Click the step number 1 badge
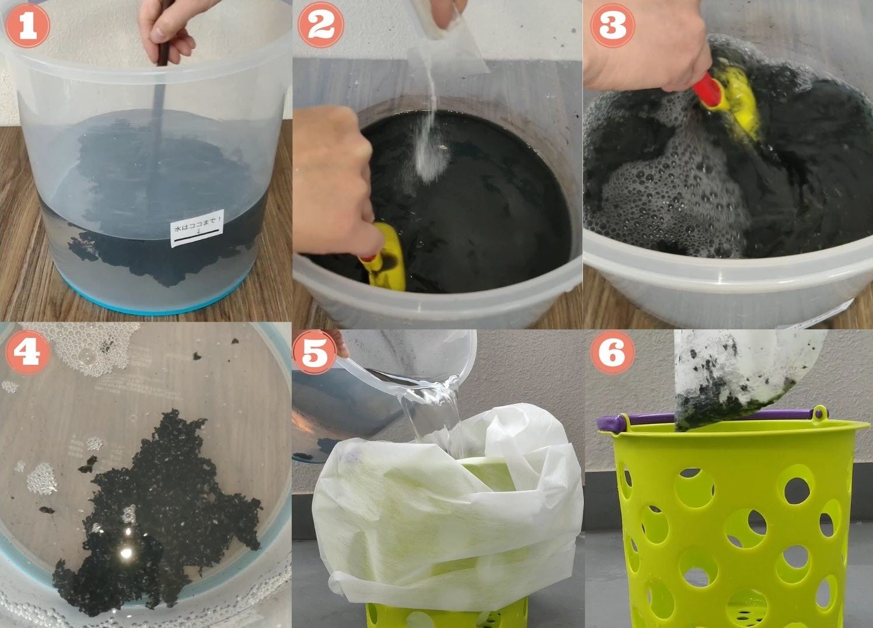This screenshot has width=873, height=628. click(27, 26)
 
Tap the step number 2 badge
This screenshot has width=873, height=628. click(321, 25)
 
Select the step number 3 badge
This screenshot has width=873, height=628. click(612, 26)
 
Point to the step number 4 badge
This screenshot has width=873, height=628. click(27, 352)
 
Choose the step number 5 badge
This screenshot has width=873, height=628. click(314, 352)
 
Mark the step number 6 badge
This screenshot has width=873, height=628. click(612, 352)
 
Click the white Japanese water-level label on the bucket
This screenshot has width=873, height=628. click(197, 228)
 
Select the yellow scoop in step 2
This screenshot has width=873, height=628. click(384, 258)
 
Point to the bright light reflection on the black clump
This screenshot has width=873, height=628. click(127, 553)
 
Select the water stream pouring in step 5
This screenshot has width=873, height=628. click(432, 413)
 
